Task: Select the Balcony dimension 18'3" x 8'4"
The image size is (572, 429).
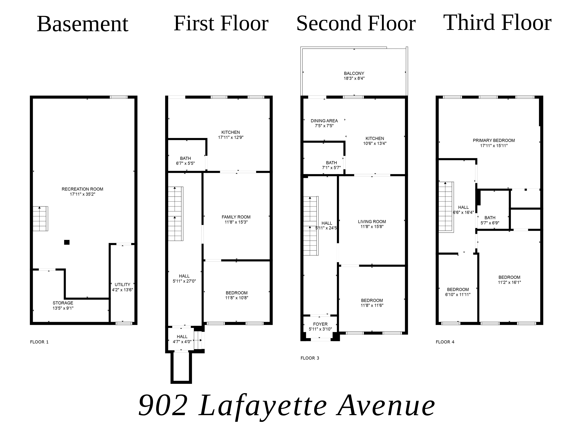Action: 354,78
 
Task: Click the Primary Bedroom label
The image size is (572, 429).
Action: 494,140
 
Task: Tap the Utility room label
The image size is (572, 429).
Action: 122,284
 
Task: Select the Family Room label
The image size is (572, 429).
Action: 236,217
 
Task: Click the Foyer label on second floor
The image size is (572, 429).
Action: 320,324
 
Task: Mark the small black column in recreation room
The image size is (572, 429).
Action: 67,242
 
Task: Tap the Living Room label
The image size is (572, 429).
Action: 372,222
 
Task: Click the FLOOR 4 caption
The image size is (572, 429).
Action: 445,342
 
